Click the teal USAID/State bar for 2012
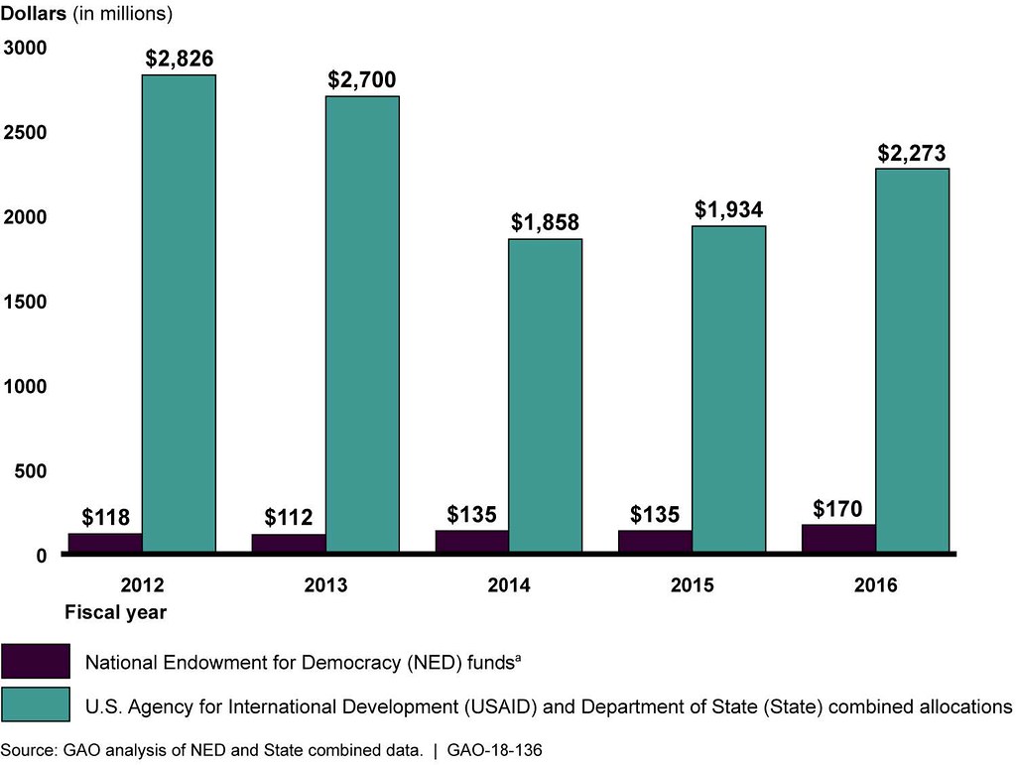click(179, 313)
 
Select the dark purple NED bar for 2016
click(838, 538)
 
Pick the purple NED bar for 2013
click(289, 543)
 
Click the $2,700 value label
click(362, 79)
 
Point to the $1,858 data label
click(545, 222)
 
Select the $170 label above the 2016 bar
click(838, 510)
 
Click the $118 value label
click(105, 518)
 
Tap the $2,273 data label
click(911, 153)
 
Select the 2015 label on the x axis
click(692, 585)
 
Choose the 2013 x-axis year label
click(325, 585)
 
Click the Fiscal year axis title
click(115, 612)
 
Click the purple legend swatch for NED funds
click(36, 661)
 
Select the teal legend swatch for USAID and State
click(36, 704)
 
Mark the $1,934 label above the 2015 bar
click(728, 209)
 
